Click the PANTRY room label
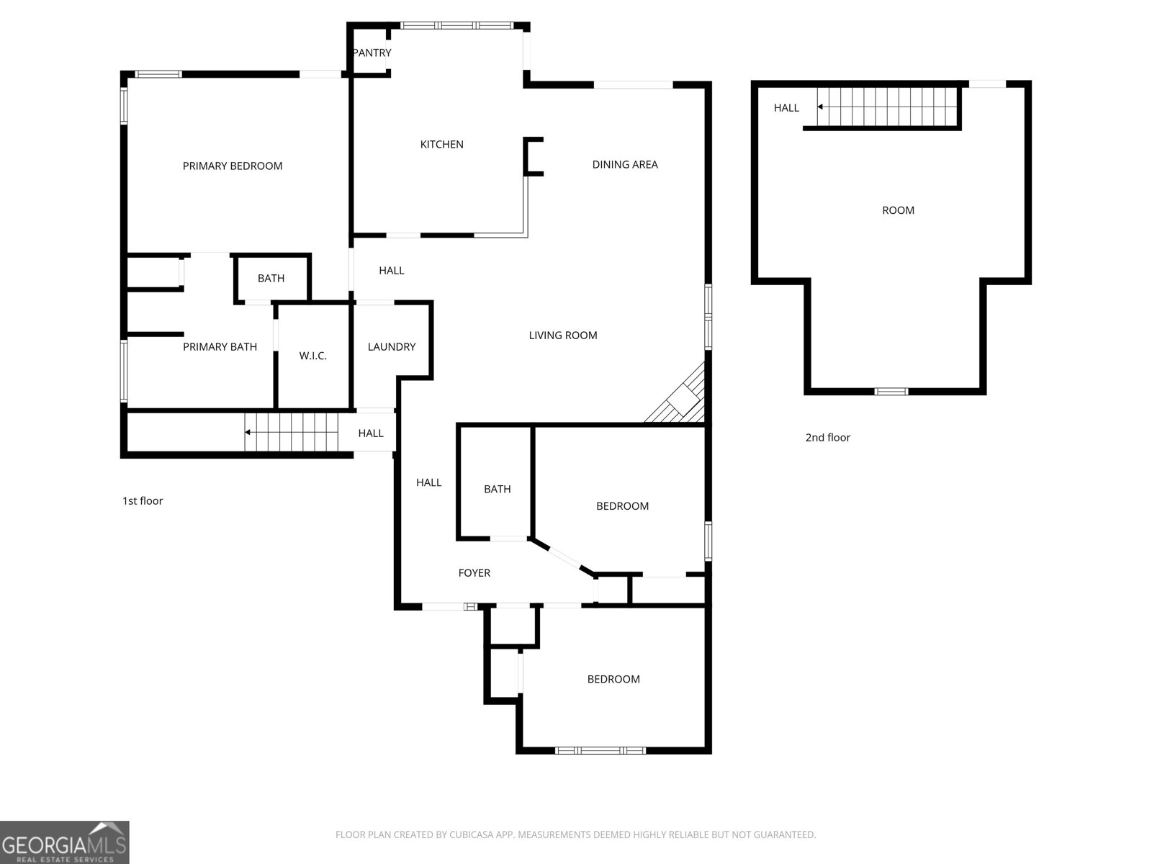372,53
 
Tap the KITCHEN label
441,144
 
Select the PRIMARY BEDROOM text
233,166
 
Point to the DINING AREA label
624,164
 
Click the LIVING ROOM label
562,336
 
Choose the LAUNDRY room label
392,347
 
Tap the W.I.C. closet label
312,356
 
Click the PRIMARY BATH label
220,347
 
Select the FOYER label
474,573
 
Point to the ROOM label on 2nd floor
898,210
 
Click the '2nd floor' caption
828,438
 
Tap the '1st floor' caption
143,501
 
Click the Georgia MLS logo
64,842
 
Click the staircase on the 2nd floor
888,107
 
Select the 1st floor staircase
292,432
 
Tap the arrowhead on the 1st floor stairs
247,432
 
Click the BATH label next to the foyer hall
497,489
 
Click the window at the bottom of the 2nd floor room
891,392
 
